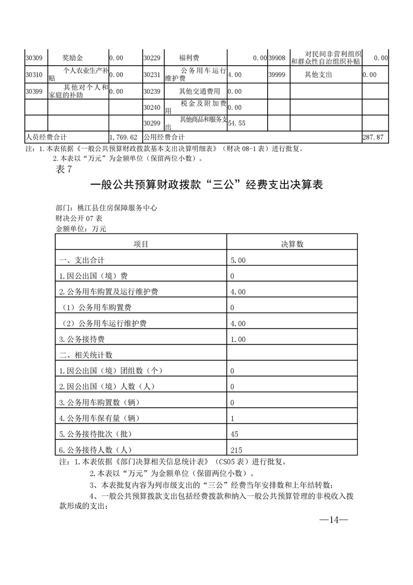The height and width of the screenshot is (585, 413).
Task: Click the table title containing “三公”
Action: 206,185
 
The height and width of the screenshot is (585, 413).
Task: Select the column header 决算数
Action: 292,244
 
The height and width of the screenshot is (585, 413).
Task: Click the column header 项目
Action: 141,244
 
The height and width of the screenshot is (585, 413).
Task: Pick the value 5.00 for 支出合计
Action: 238,260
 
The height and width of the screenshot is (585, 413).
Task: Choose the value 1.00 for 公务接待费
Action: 238,339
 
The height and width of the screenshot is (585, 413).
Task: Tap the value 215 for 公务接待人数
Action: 236,450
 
